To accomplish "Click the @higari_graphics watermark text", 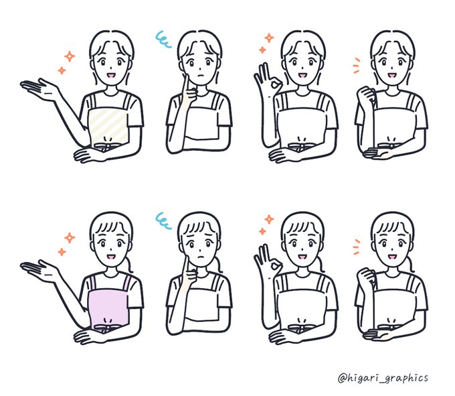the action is pyautogui.click(x=383, y=378).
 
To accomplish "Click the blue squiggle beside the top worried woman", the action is pyautogui.click(x=163, y=40).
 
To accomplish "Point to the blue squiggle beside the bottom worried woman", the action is pyautogui.click(x=163, y=220).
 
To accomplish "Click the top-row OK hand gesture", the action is pyautogui.click(x=268, y=77).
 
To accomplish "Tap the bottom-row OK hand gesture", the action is pyautogui.click(x=268, y=259).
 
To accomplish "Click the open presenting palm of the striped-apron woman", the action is pyautogui.click(x=39, y=89).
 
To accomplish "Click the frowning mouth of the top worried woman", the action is pyautogui.click(x=199, y=76).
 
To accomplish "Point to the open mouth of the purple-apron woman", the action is pyautogui.click(x=112, y=257).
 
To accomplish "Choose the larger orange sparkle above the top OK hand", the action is pyautogui.click(x=269, y=38).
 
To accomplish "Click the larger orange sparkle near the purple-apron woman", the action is pyautogui.click(x=70, y=238).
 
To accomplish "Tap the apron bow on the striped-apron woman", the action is pyautogui.click(x=106, y=146).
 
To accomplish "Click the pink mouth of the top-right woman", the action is pyautogui.click(x=392, y=76).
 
